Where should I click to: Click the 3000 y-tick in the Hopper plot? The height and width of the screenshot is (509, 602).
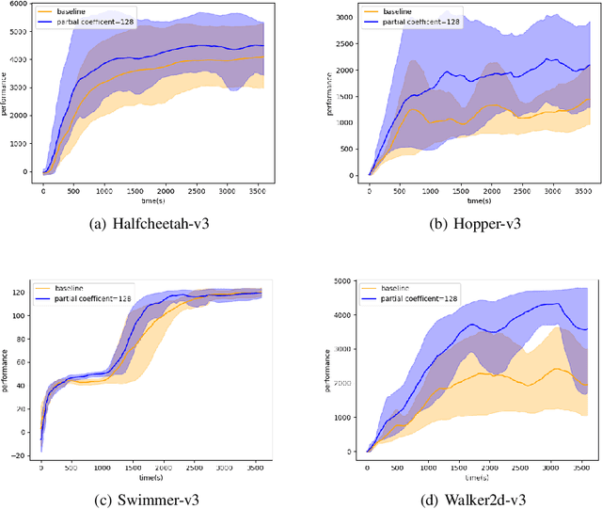(x=345, y=18)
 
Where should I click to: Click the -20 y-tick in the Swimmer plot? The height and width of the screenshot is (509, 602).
(x=19, y=455)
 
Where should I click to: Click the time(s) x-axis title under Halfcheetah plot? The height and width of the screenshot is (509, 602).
(x=150, y=200)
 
